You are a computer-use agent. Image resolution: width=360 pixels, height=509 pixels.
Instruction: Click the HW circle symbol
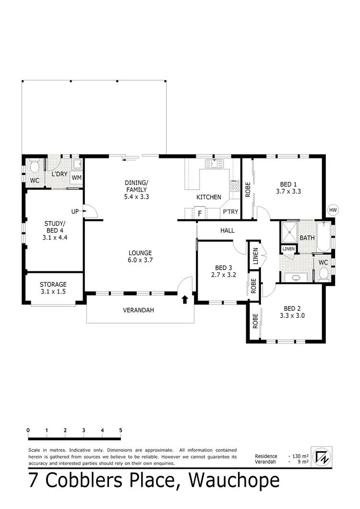(333, 210)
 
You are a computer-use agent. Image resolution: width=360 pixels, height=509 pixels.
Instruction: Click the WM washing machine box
(77, 178)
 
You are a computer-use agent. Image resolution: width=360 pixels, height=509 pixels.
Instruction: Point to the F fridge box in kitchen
(200, 213)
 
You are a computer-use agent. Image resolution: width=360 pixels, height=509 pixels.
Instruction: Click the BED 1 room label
(288, 187)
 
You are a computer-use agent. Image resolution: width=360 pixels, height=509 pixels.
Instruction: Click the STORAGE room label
(53, 288)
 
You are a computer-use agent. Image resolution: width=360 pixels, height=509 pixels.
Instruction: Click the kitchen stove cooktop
(235, 185)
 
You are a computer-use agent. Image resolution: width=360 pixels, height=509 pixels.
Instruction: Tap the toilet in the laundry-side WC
(34, 168)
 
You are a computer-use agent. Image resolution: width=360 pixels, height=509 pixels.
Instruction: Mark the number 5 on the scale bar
(120, 430)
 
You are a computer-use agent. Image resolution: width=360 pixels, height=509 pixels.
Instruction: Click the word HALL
(227, 230)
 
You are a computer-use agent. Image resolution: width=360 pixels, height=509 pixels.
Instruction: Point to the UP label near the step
(75, 211)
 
